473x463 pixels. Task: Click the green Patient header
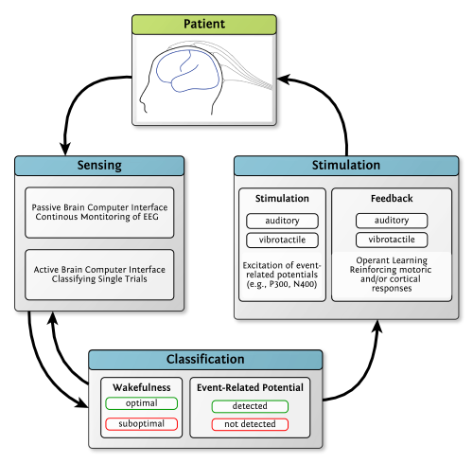pyautogui.click(x=204, y=25)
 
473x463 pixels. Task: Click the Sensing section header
pyautogui.click(x=99, y=166)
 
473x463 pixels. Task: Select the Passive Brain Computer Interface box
pyautogui.click(x=99, y=212)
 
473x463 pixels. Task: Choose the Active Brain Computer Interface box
pyautogui.click(x=99, y=275)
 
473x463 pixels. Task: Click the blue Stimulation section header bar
pyautogui.click(x=346, y=166)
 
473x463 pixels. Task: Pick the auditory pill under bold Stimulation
pyautogui.click(x=283, y=221)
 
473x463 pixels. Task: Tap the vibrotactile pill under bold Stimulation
pyautogui.click(x=283, y=240)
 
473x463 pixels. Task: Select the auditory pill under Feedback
pyautogui.click(x=392, y=221)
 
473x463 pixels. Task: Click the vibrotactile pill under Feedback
pyautogui.click(x=392, y=240)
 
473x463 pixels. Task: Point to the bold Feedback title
pyautogui.click(x=392, y=200)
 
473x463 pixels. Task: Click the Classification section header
pyautogui.click(x=205, y=360)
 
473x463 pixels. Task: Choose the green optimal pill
pyautogui.click(x=142, y=403)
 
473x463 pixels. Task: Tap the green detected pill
pyautogui.click(x=250, y=406)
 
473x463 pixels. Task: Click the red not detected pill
pyautogui.click(x=250, y=424)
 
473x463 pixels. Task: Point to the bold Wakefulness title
pyautogui.click(x=142, y=386)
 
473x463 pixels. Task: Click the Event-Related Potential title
pyautogui.click(x=250, y=386)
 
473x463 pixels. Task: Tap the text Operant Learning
pyautogui.click(x=392, y=260)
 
